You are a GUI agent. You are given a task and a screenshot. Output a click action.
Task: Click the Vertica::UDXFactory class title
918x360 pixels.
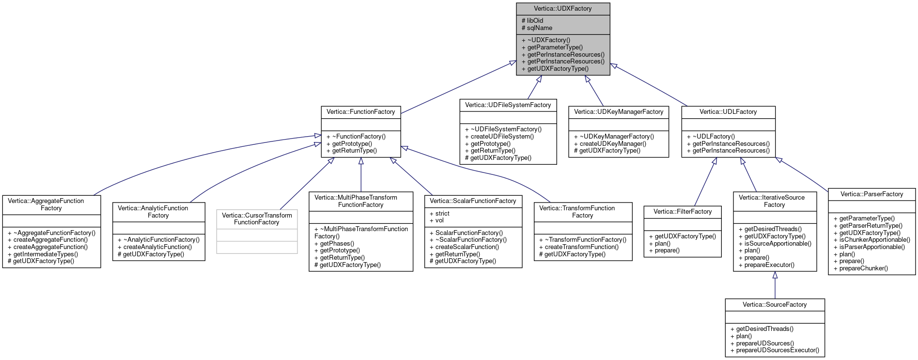pos(562,9)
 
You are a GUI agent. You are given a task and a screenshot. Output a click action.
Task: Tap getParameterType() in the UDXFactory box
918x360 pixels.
pos(555,47)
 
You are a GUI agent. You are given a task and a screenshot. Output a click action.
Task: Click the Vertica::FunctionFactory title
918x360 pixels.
pos(360,112)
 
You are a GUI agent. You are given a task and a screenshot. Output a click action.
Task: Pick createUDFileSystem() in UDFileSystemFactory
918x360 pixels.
pos(502,137)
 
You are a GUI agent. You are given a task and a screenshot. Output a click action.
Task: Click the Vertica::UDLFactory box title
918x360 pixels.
pos(728,112)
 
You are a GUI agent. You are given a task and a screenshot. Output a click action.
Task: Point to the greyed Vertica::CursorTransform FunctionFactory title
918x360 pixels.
pos(257,219)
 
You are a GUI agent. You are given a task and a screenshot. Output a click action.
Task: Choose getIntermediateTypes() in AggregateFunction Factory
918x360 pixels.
pos(46,254)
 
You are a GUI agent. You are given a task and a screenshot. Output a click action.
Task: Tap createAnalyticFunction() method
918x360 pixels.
pos(157,247)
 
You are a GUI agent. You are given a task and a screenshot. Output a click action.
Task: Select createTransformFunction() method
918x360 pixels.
pos(581,247)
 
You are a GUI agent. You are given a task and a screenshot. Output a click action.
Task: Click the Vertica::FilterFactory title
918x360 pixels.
pos(682,212)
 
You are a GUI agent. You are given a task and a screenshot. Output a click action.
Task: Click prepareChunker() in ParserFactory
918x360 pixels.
pos(863,268)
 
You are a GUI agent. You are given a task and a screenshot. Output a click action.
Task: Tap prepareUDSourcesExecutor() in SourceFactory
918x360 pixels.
pos(778,350)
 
